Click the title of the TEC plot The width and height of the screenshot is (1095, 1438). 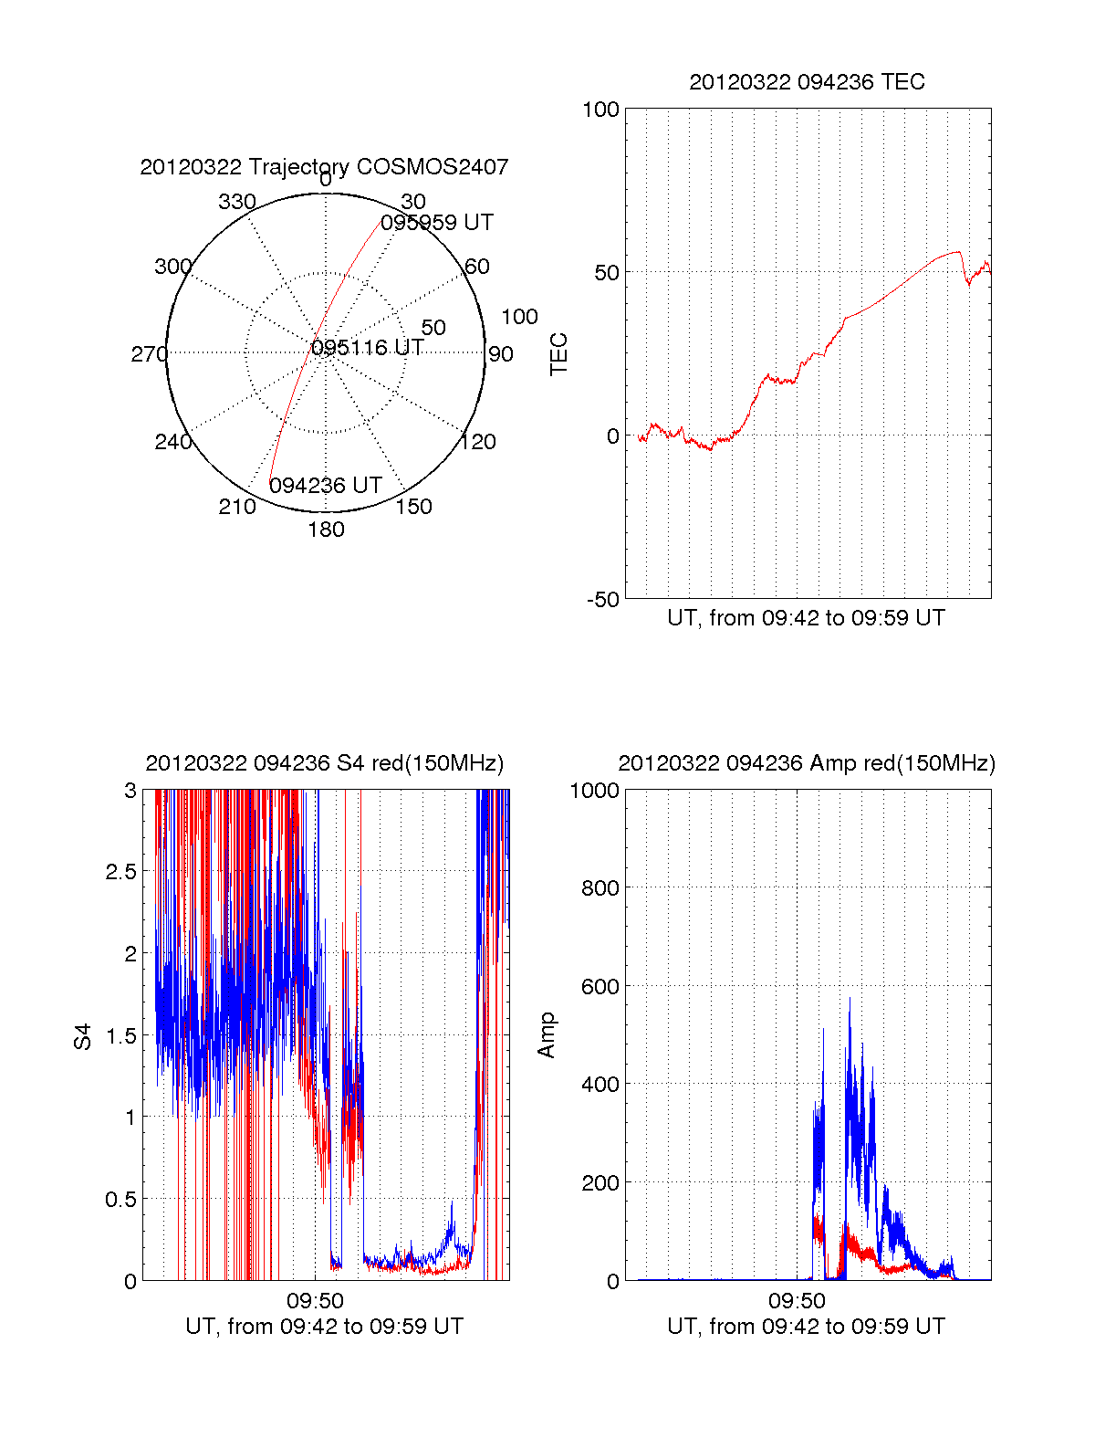click(807, 82)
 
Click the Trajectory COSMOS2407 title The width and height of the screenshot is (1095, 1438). click(324, 167)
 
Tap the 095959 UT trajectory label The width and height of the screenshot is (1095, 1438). click(437, 223)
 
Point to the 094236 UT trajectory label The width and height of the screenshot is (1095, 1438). click(325, 486)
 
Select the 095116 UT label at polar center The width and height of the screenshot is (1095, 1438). click(367, 348)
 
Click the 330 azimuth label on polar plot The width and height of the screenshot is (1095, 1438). click(237, 202)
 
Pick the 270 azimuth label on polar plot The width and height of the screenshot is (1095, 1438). click(149, 354)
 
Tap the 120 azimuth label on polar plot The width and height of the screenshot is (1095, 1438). click(478, 442)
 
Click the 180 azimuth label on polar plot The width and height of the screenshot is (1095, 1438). click(326, 530)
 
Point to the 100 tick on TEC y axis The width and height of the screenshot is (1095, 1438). click(600, 110)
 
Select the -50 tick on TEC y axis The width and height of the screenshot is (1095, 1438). click(601, 600)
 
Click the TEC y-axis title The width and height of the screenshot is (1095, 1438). click(559, 354)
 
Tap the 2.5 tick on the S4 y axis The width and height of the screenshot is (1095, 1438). click(120, 872)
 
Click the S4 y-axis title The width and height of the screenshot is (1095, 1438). click(83, 1036)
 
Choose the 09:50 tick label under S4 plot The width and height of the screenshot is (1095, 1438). click(315, 1300)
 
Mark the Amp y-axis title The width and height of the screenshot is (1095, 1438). click(547, 1035)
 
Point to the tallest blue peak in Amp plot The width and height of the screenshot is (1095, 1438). click(850, 999)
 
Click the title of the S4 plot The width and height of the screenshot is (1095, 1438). click(324, 763)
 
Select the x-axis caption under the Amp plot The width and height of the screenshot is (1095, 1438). click(806, 1327)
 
